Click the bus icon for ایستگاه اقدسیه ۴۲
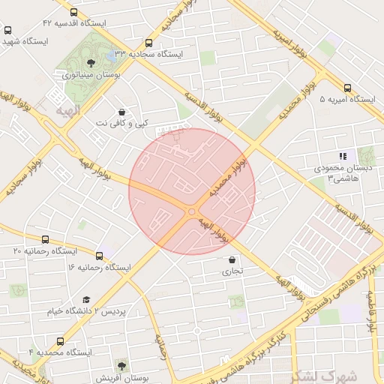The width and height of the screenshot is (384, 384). click(73, 13)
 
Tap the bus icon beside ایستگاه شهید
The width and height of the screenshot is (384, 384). click(8, 31)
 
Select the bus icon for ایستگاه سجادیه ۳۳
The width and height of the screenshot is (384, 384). click(148, 43)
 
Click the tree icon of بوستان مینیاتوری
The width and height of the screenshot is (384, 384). click(91, 63)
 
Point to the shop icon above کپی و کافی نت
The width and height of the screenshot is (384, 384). click(121, 112)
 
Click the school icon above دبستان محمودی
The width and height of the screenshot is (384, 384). click(343, 156)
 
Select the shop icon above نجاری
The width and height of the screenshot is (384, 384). click(232, 260)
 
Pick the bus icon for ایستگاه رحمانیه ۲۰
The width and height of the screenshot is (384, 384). click(46, 240)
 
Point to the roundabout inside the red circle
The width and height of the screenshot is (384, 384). click(192, 212)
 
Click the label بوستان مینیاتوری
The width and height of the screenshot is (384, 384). click(94, 75)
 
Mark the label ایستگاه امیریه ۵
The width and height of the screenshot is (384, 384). click(348, 99)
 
